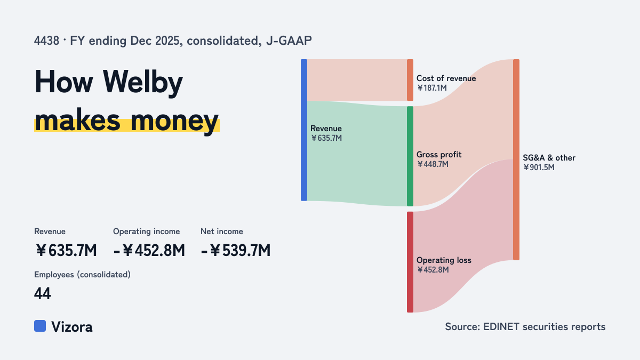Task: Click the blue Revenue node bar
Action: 304,130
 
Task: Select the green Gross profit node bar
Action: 410,156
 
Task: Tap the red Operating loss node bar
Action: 410,262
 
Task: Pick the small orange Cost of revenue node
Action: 410,80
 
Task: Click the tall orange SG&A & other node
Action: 516,159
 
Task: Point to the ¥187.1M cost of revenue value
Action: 431,88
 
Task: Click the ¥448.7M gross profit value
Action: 433,164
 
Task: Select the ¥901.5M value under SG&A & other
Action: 539,167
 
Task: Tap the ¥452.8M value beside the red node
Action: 433,270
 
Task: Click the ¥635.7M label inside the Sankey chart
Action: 326,138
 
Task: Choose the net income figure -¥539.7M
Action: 235,251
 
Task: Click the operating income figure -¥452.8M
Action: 149,251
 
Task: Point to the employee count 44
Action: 43,293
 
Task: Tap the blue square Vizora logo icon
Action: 40,326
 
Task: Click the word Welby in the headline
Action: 143,83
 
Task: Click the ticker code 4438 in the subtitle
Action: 46,41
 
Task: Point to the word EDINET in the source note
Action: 501,327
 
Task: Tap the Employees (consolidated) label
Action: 82,275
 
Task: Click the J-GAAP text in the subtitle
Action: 289,41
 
